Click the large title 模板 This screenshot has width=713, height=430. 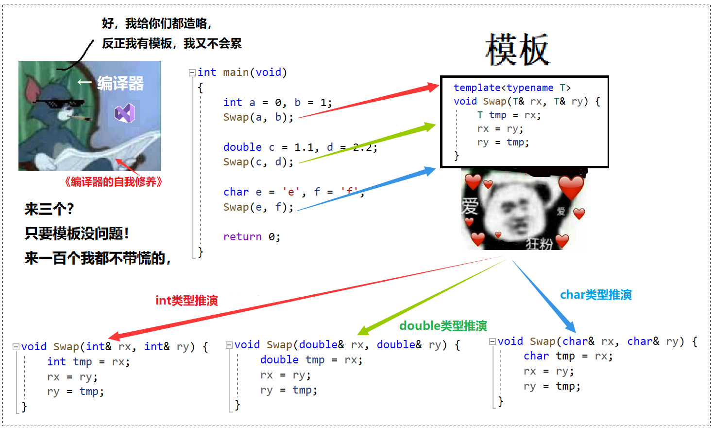click(518, 50)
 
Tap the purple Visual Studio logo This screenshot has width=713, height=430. click(125, 113)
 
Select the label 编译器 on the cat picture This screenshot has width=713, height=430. click(120, 83)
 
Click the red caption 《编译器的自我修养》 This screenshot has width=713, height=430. click(113, 182)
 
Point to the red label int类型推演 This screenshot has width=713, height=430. click(187, 301)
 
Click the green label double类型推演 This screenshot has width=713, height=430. click(443, 326)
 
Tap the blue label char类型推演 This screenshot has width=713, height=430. click(596, 295)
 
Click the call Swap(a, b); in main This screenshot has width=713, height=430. click(258, 117)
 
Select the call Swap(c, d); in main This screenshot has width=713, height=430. click(258, 162)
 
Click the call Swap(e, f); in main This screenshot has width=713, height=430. click(258, 207)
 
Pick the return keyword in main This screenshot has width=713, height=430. click(242, 237)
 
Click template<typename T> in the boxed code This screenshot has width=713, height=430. click(512, 88)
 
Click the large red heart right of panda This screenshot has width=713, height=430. click(571, 188)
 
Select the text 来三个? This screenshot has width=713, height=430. click(50, 209)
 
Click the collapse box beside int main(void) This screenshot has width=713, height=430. click(192, 73)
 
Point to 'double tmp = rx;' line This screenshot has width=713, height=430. click(311, 360)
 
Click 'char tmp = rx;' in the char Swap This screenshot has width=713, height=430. click(568, 356)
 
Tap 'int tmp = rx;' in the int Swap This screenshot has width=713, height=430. click(88, 362)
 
